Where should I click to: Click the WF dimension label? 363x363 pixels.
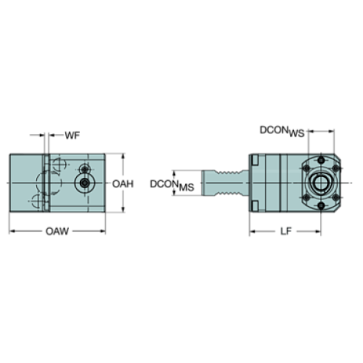[x=71, y=136]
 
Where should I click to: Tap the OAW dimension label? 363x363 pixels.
[x=57, y=231]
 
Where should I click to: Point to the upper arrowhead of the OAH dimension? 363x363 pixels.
[x=124, y=156]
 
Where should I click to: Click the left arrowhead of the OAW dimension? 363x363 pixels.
[x=10, y=231]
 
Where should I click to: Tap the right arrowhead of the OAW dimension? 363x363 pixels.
[x=104, y=231]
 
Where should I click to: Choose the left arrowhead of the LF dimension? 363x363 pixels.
[x=250, y=231]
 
